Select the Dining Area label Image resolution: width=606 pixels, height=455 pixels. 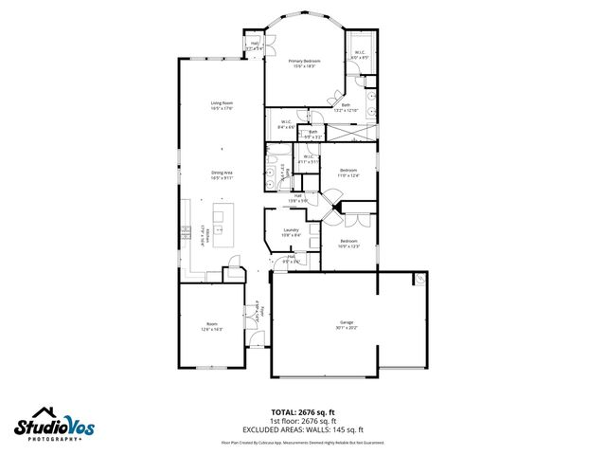tap(222, 172)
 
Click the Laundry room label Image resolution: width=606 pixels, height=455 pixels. tap(292, 230)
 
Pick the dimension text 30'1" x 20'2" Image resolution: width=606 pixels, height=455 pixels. tap(347, 328)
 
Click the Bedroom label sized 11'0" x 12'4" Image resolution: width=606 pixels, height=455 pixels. tap(349, 170)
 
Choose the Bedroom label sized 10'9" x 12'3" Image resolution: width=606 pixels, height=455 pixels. tap(349, 242)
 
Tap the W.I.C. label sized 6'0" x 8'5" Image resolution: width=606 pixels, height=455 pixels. tap(360, 53)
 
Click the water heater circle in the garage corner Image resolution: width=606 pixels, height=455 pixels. tap(419, 280)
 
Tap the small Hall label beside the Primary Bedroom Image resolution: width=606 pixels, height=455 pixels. tap(254, 44)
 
